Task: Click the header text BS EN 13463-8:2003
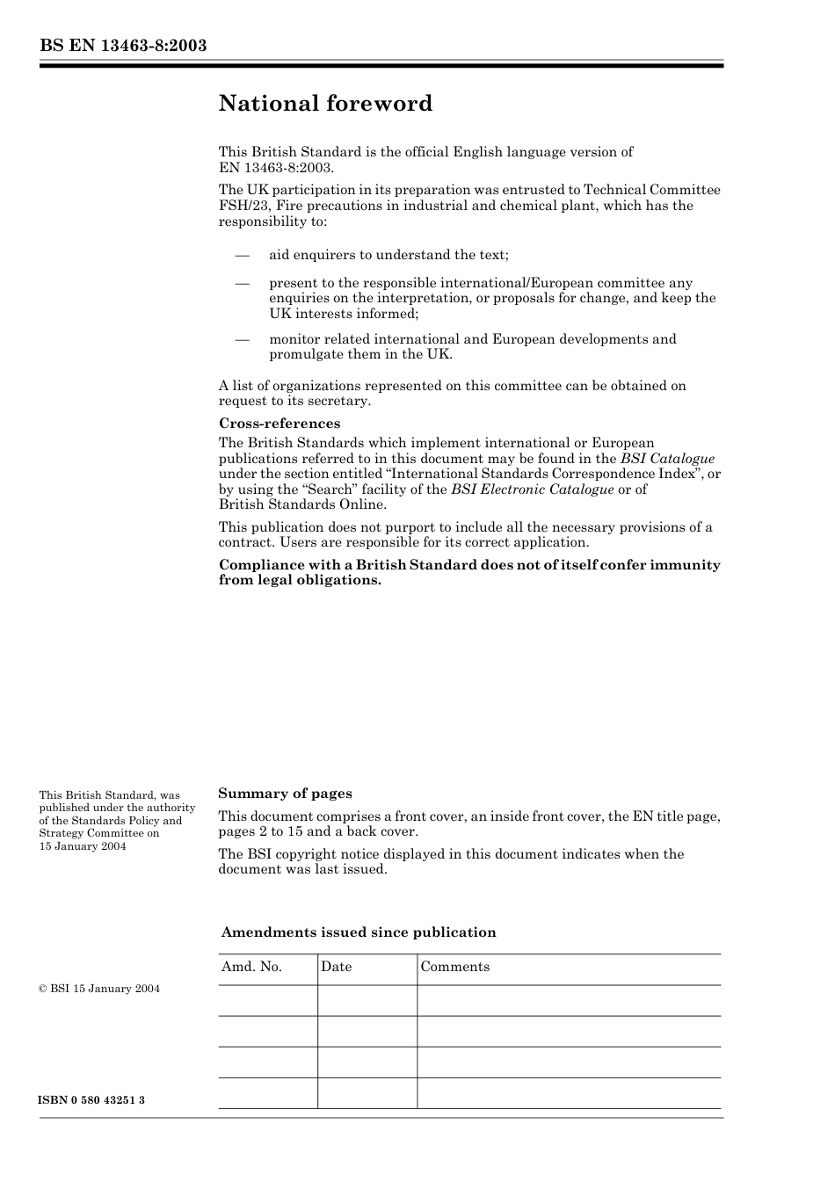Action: [x=123, y=46]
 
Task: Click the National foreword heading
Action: [x=325, y=104]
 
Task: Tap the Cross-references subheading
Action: [x=280, y=424]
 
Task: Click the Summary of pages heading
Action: [x=285, y=794]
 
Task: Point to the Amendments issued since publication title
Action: [x=358, y=932]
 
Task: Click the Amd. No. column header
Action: [x=251, y=967]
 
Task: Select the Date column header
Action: [x=336, y=967]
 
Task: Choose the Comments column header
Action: [x=454, y=967]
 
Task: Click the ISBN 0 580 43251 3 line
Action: [x=92, y=1100]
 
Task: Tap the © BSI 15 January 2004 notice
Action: [x=99, y=989]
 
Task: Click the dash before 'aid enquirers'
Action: [x=242, y=256]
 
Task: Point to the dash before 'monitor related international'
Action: [x=242, y=340]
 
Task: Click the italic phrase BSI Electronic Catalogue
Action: [x=532, y=489]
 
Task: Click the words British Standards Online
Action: [x=302, y=504]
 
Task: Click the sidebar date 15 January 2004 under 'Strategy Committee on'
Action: [x=83, y=846]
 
